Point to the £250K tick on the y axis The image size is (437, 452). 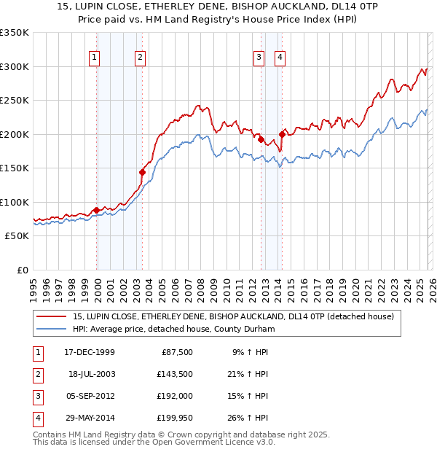15,101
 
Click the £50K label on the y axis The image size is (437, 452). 17,236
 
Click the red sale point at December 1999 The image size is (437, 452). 97,211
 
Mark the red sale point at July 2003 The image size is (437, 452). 143,173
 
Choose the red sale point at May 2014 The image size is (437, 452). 283,134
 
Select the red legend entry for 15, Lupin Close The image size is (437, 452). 233,316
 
